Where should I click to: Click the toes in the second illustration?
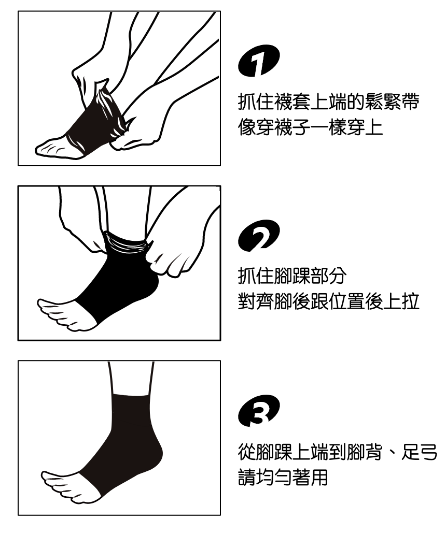54,312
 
